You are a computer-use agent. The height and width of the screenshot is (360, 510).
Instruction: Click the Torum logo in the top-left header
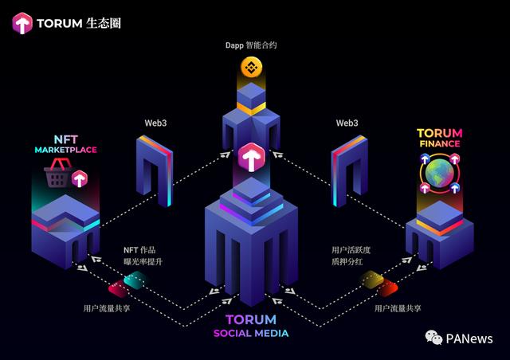(22, 23)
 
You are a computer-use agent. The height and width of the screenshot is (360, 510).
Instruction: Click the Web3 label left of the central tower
(155, 123)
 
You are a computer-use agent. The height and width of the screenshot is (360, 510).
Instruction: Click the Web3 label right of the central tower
(347, 123)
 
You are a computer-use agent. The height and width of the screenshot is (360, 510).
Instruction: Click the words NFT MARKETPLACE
(65, 143)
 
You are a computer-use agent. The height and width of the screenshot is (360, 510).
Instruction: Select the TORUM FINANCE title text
(439, 138)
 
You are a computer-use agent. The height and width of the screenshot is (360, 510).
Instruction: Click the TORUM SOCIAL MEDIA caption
(251, 327)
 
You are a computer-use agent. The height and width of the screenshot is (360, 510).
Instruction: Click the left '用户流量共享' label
(106, 307)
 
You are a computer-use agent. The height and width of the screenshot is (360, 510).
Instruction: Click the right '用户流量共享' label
(398, 307)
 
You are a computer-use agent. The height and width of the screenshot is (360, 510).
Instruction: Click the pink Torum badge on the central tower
(251, 156)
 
